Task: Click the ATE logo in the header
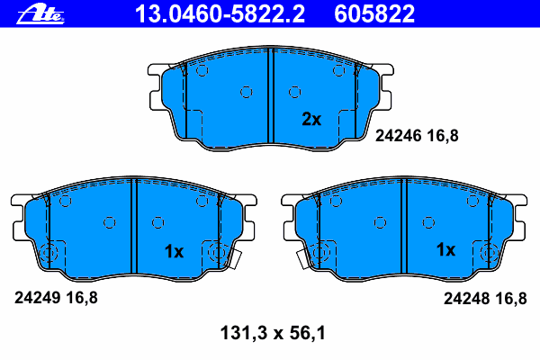(x=40, y=14)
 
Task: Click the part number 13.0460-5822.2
(x=220, y=14)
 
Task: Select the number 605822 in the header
(x=374, y=14)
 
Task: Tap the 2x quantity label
(x=311, y=119)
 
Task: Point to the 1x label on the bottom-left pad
(x=174, y=251)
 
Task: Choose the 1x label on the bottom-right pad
(x=445, y=249)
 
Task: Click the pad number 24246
(x=399, y=136)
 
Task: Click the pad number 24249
(x=38, y=297)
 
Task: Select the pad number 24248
(x=466, y=298)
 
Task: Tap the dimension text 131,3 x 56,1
(x=273, y=333)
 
